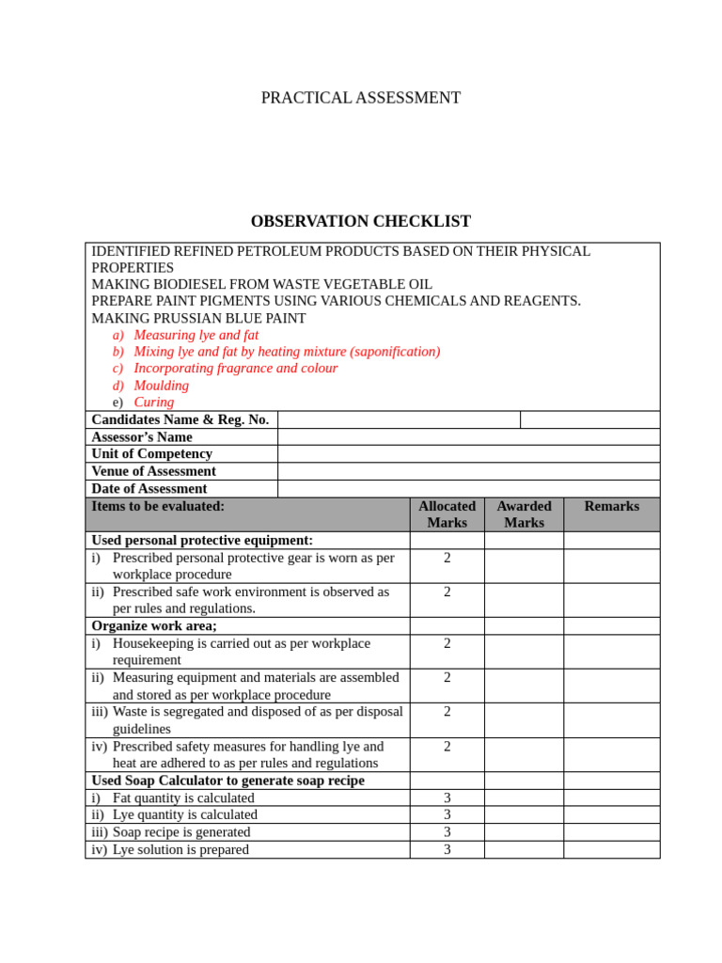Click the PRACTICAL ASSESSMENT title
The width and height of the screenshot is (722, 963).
tap(360, 98)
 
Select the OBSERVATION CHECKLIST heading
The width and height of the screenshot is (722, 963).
tap(360, 222)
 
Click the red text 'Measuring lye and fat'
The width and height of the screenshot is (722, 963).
tap(196, 335)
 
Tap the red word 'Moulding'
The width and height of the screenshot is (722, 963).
tap(161, 386)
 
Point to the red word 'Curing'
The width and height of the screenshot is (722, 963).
tap(153, 403)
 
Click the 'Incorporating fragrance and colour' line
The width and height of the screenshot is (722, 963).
tap(235, 369)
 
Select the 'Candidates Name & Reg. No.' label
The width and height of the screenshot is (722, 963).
tap(180, 419)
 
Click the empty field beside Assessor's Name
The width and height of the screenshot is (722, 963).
tap(468, 437)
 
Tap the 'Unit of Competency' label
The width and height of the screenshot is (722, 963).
tap(151, 454)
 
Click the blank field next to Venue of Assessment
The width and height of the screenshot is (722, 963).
tap(468, 471)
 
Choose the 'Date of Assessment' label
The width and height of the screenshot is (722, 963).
tap(149, 489)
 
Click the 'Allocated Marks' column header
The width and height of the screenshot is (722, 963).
tap(447, 514)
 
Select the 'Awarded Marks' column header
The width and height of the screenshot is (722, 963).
tap(524, 514)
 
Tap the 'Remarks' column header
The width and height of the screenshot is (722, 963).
tap(611, 507)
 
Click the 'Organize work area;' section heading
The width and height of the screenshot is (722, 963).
tap(153, 626)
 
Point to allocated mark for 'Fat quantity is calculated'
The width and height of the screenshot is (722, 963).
tap(447, 798)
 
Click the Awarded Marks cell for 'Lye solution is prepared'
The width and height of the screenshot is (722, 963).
tap(524, 850)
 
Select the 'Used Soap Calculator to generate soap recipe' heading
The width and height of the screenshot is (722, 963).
tap(228, 781)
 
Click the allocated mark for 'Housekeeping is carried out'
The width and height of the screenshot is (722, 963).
tap(447, 644)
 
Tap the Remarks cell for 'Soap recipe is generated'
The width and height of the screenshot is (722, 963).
tap(611, 832)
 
